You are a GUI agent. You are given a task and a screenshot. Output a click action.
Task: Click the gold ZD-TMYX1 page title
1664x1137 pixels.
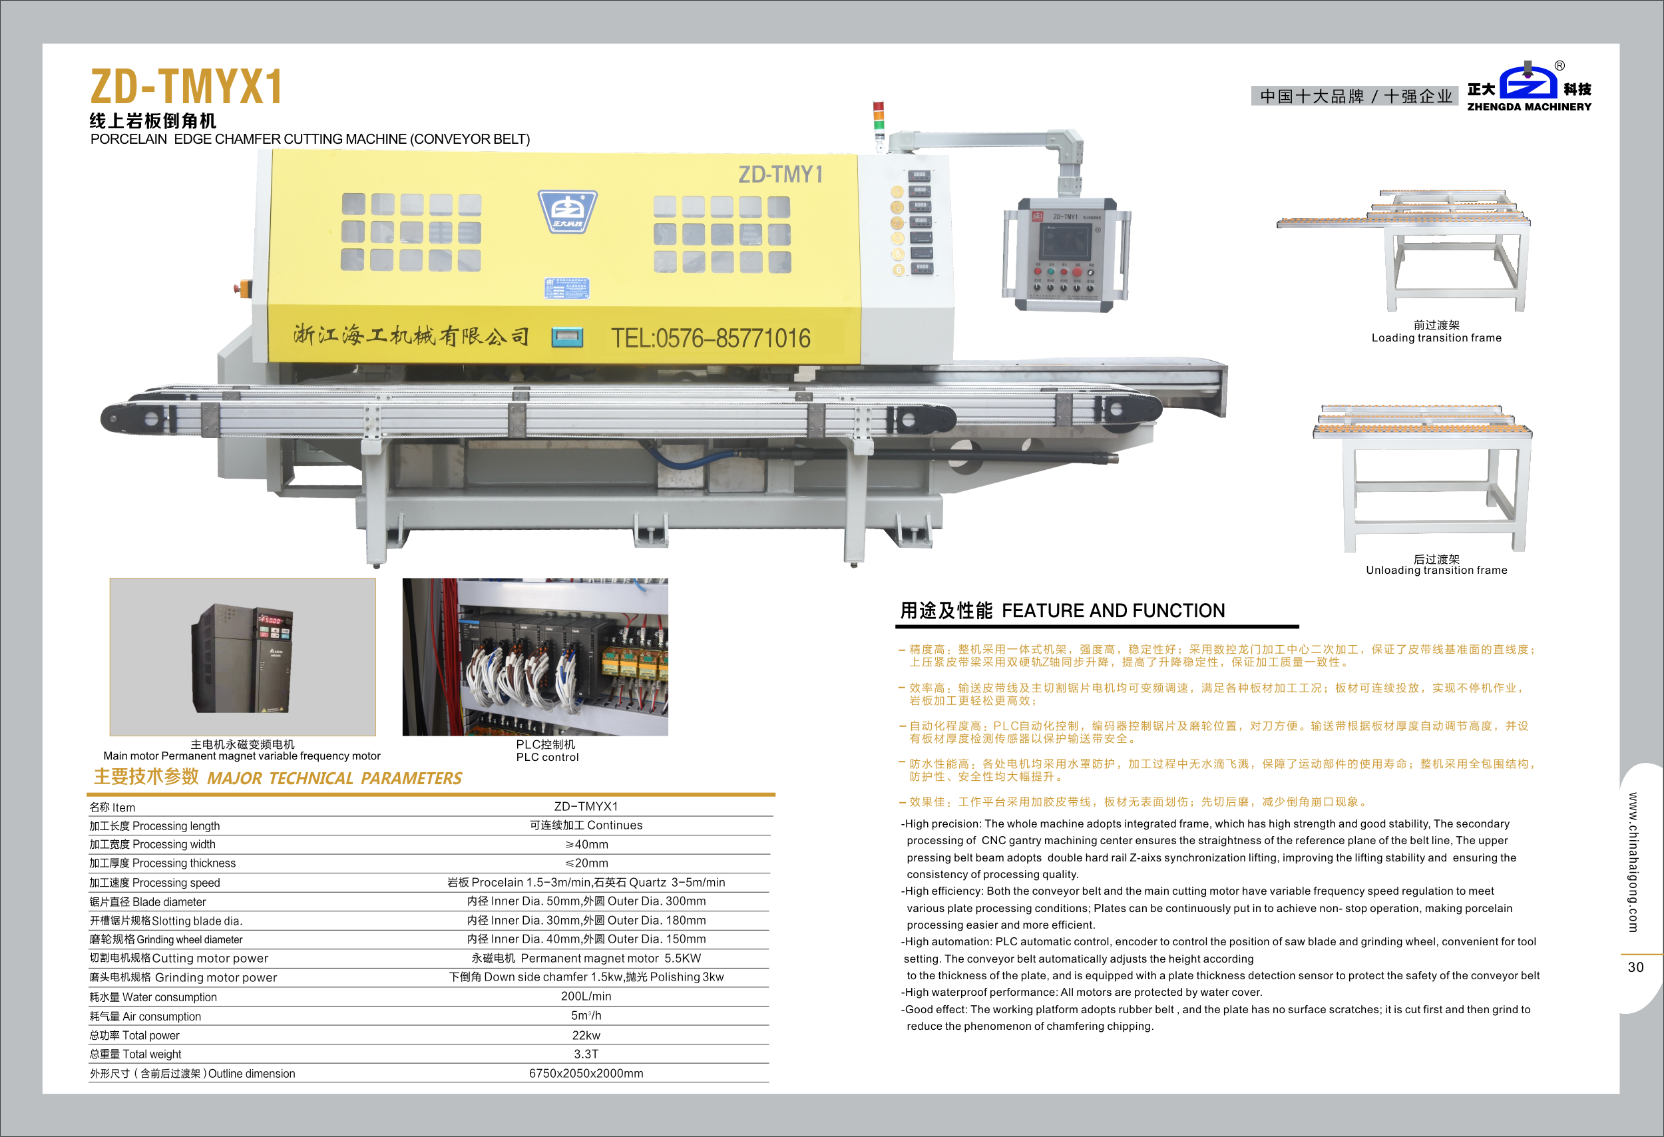pos(186,87)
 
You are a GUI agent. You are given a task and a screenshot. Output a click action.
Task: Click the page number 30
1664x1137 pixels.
pos(1635,967)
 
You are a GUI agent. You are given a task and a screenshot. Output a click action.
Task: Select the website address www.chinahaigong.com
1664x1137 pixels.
pos(1633,862)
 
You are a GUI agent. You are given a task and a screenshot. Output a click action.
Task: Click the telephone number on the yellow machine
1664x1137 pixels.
pos(710,338)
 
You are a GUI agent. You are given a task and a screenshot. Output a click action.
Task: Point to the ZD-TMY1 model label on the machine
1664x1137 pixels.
pos(781,174)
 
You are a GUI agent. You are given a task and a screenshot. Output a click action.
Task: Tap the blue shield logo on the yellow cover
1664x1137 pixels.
pos(568,212)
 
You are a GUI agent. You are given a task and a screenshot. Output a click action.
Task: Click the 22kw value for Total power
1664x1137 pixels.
pos(586,1035)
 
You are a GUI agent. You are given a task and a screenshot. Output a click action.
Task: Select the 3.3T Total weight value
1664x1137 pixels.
pos(586,1054)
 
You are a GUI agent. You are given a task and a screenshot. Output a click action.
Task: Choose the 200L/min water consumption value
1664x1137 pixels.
pos(586,997)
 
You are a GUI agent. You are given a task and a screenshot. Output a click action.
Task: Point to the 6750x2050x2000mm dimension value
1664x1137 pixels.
pos(586,1073)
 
